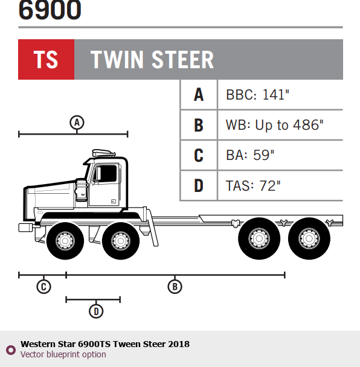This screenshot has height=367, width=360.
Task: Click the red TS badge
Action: click(x=46, y=59)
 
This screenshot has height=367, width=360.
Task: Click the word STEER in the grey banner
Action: click(x=182, y=60)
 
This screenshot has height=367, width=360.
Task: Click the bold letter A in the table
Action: click(x=199, y=95)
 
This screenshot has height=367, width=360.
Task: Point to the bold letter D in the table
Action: click(x=199, y=185)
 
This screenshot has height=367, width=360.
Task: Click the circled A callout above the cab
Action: click(x=77, y=123)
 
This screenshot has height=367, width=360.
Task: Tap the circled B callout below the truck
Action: click(x=175, y=287)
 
